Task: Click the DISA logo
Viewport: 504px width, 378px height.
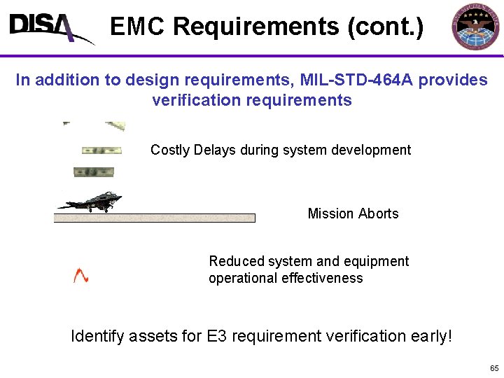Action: pos(49,28)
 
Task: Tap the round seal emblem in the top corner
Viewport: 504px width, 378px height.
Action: pos(476,27)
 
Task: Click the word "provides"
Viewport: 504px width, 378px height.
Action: pos(454,80)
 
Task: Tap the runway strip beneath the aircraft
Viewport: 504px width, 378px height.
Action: pos(154,218)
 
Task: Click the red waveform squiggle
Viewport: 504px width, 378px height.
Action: pos(81,276)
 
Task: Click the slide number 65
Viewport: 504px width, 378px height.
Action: pos(494,368)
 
